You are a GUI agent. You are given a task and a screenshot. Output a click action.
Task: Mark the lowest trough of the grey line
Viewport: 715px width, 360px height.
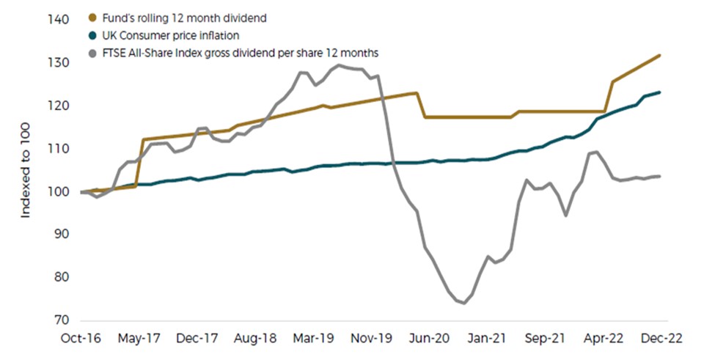click(x=463, y=303)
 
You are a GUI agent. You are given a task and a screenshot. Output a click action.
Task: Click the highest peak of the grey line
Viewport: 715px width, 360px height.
click(x=338, y=66)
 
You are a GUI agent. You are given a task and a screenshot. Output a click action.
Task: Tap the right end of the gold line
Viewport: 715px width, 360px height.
click(x=660, y=55)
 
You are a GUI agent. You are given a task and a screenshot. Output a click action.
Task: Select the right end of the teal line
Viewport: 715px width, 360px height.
click(x=660, y=92)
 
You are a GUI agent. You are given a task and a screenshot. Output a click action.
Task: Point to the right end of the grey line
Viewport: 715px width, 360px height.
click(x=660, y=176)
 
